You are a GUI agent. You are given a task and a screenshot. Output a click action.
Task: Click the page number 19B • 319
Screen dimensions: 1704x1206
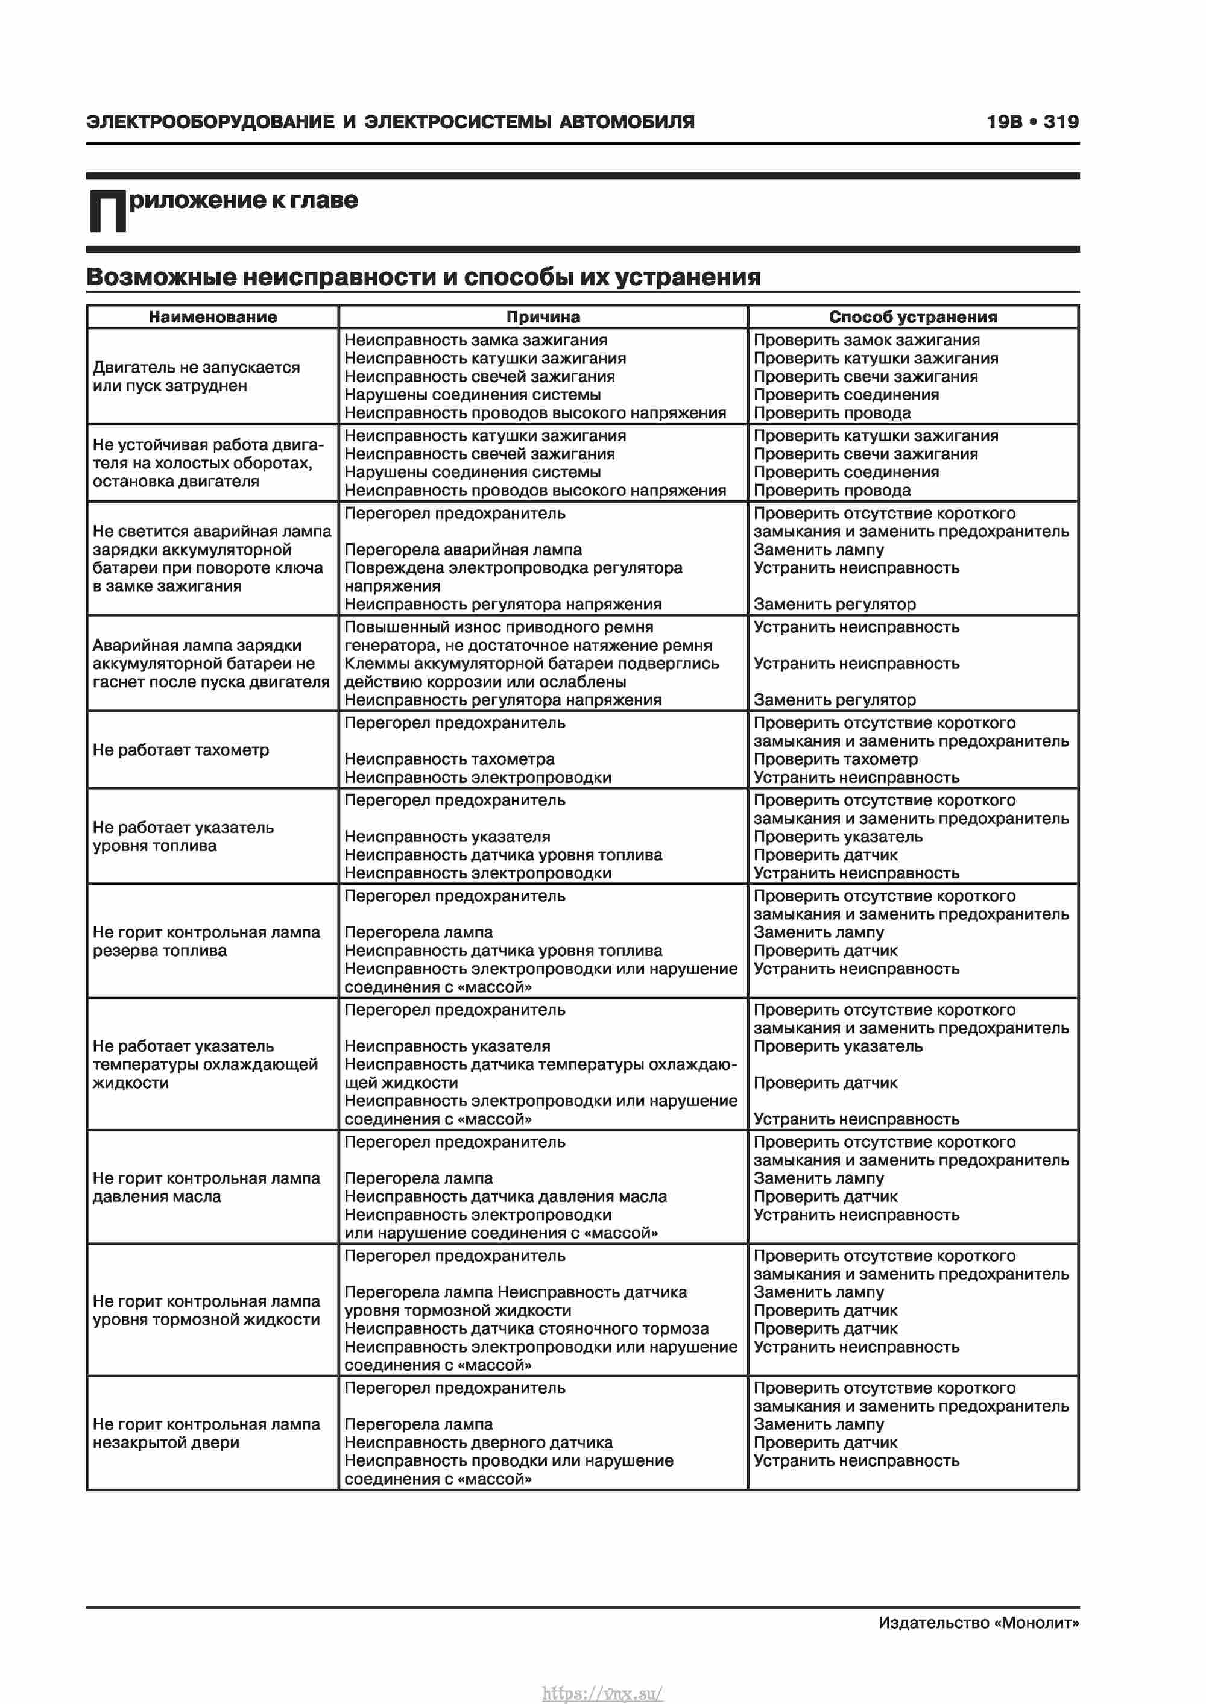click(x=1032, y=122)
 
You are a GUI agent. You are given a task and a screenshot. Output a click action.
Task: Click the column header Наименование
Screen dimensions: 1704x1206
click(x=212, y=317)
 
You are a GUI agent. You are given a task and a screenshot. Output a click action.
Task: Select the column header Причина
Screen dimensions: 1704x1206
click(x=543, y=317)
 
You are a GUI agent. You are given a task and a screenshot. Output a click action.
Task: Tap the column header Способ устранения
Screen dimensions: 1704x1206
click(x=913, y=317)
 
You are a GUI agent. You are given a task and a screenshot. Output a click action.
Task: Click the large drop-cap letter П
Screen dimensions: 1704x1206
click(x=108, y=212)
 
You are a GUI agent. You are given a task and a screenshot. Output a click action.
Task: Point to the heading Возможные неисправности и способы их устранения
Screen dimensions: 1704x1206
click(x=423, y=277)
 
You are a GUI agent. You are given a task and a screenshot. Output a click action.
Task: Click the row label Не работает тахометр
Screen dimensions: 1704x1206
click(x=180, y=750)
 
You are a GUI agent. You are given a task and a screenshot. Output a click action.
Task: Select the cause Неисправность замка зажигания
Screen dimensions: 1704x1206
click(x=475, y=340)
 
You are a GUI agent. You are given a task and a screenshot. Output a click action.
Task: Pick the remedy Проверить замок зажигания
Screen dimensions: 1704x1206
click(x=867, y=340)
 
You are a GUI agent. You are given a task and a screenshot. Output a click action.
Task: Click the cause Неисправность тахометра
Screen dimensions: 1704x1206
click(x=449, y=759)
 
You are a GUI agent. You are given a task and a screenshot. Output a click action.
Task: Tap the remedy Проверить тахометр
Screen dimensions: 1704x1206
click(x=835, y=759)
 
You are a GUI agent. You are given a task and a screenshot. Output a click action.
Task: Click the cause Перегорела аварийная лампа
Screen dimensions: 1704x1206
click(x=463, y=550)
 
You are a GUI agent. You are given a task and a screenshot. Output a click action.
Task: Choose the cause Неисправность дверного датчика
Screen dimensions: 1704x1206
click(x=478, y=1442)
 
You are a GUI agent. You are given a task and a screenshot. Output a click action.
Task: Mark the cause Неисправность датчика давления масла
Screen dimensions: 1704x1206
click(x=505, y=1196)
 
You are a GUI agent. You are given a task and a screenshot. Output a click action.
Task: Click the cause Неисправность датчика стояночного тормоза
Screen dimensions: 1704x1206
click(x=526, y=1328)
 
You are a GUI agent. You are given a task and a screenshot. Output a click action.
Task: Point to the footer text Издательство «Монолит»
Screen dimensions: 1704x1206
click(x=978, y=1623)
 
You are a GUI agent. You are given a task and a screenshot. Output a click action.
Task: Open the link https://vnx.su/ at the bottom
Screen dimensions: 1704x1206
click(x=602, y=1693)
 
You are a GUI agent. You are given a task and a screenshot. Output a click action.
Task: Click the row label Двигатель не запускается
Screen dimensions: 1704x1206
click(x=196, y=367)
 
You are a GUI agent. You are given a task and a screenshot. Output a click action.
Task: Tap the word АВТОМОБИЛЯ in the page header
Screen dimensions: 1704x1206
click(x=627, y=122)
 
